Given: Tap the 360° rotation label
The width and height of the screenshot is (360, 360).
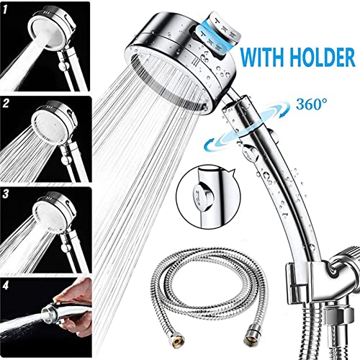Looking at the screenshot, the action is [312, 104].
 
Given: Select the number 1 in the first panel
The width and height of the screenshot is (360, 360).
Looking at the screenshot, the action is [6, 9].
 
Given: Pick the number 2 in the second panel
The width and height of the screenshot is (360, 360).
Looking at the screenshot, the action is [6, 104].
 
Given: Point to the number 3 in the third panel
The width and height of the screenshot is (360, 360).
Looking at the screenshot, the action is [6, 194].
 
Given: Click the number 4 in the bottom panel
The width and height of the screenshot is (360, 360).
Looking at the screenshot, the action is [6, 286].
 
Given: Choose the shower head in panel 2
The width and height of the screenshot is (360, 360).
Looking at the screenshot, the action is [55, 122].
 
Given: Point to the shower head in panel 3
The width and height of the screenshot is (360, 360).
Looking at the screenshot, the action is [55, 214].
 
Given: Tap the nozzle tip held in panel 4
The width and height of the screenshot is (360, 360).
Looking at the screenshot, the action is [47, 312].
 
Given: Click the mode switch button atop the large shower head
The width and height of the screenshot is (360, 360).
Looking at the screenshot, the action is [217, 35].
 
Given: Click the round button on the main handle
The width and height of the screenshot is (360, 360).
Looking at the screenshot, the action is [250, 153].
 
